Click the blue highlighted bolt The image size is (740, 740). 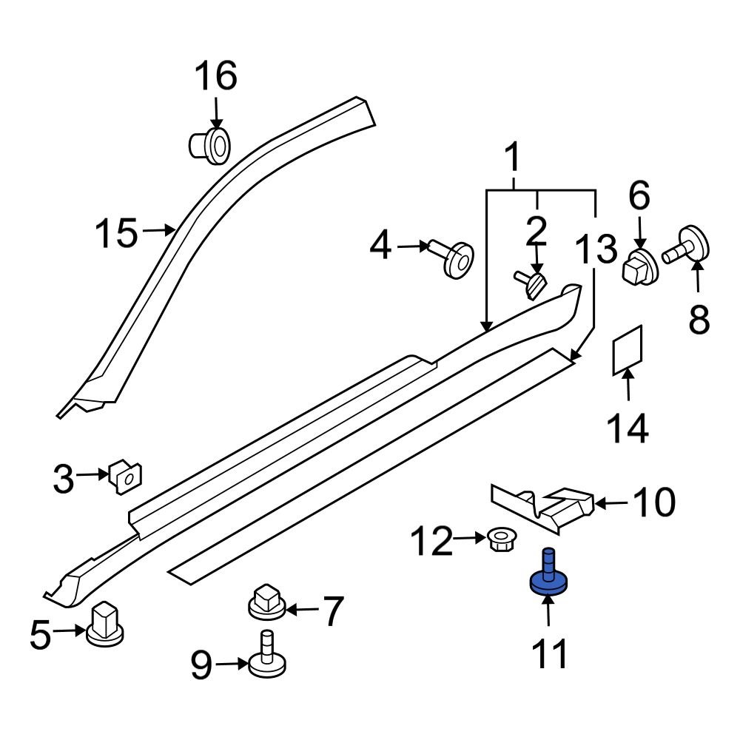tap(548, 580)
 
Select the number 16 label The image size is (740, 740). tap(215, 77)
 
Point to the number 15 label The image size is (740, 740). tap(117, 234)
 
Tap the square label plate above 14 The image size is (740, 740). tap(628, 349)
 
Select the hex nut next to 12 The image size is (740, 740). tap(504, 541)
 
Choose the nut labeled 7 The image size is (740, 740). tap(267, 601)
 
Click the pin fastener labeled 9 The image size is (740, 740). tap(265, 656)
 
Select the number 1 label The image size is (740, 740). tap(511, 161)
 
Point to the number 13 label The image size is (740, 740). tap(596, 249)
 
